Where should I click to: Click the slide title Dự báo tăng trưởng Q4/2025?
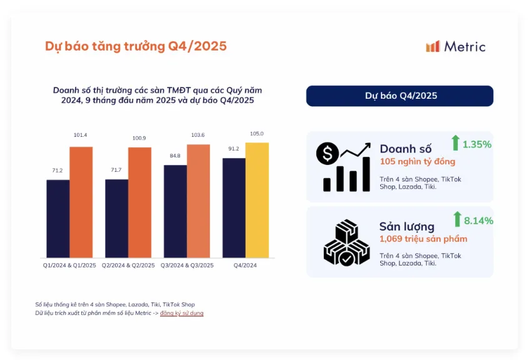coord(136,46)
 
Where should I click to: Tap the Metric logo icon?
coord(433,47)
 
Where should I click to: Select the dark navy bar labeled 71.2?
coord(58,218)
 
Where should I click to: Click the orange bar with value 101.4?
coord(81,202)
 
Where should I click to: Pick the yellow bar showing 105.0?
coord(257,200)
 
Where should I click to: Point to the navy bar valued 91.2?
coord(234,207)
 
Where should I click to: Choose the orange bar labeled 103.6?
coord(198,201)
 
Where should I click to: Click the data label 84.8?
coord(175,156)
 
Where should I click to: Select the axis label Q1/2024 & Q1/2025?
coord(69,266)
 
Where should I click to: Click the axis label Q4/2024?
coord(245,266)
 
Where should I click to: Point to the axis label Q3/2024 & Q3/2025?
coord(187,266)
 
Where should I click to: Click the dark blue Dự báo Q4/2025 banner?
coord(400,96)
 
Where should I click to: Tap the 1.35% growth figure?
coord(477,144)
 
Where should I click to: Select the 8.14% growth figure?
coord(478,220)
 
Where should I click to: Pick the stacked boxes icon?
coord(343,242)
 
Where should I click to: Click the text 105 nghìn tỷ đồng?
coord(417,162)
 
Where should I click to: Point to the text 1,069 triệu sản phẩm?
coord(423,239)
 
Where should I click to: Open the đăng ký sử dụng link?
coord(181,313)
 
